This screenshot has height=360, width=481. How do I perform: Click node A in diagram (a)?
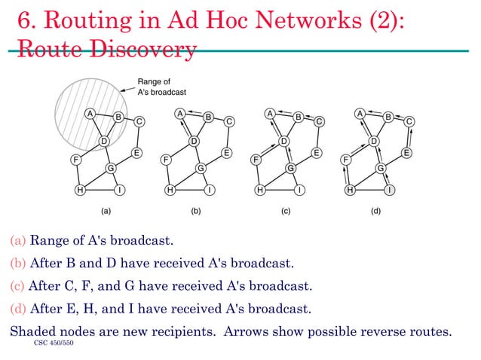pyautogui.click(x=89, y=114)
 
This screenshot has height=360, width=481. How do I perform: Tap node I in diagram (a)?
pyautogui.click(x=121, y=190)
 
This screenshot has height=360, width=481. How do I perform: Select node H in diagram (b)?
pyautogui.click(x=170, y=190)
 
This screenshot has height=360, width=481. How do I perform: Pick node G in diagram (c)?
pyautogui.click(x=291, y=167)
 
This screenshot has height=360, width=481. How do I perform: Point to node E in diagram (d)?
pyautogui.click(x=406, y=153)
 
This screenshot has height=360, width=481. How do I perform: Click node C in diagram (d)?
pyautogui.click(x=409, y=121)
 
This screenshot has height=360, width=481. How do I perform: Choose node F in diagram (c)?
pyautogui.click(x=256, y=160)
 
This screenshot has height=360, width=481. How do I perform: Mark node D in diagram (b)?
pyautogui.click(x=194, y=141)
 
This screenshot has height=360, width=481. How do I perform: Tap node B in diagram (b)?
pyautogui.click(x=208, y=117)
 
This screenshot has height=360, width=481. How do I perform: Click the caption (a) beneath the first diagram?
pyautogui.click(x=106, y=213)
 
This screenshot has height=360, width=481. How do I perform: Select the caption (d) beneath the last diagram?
pyautogui.click(x=376, y=213)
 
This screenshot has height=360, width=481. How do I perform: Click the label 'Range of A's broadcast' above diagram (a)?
pyautogui.click(x=161, y=87)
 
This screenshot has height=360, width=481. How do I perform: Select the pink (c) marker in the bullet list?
pyautogui.click(x=17, y=287)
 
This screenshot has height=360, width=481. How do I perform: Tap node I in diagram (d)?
pyautogui.click(x=390, y=190)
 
